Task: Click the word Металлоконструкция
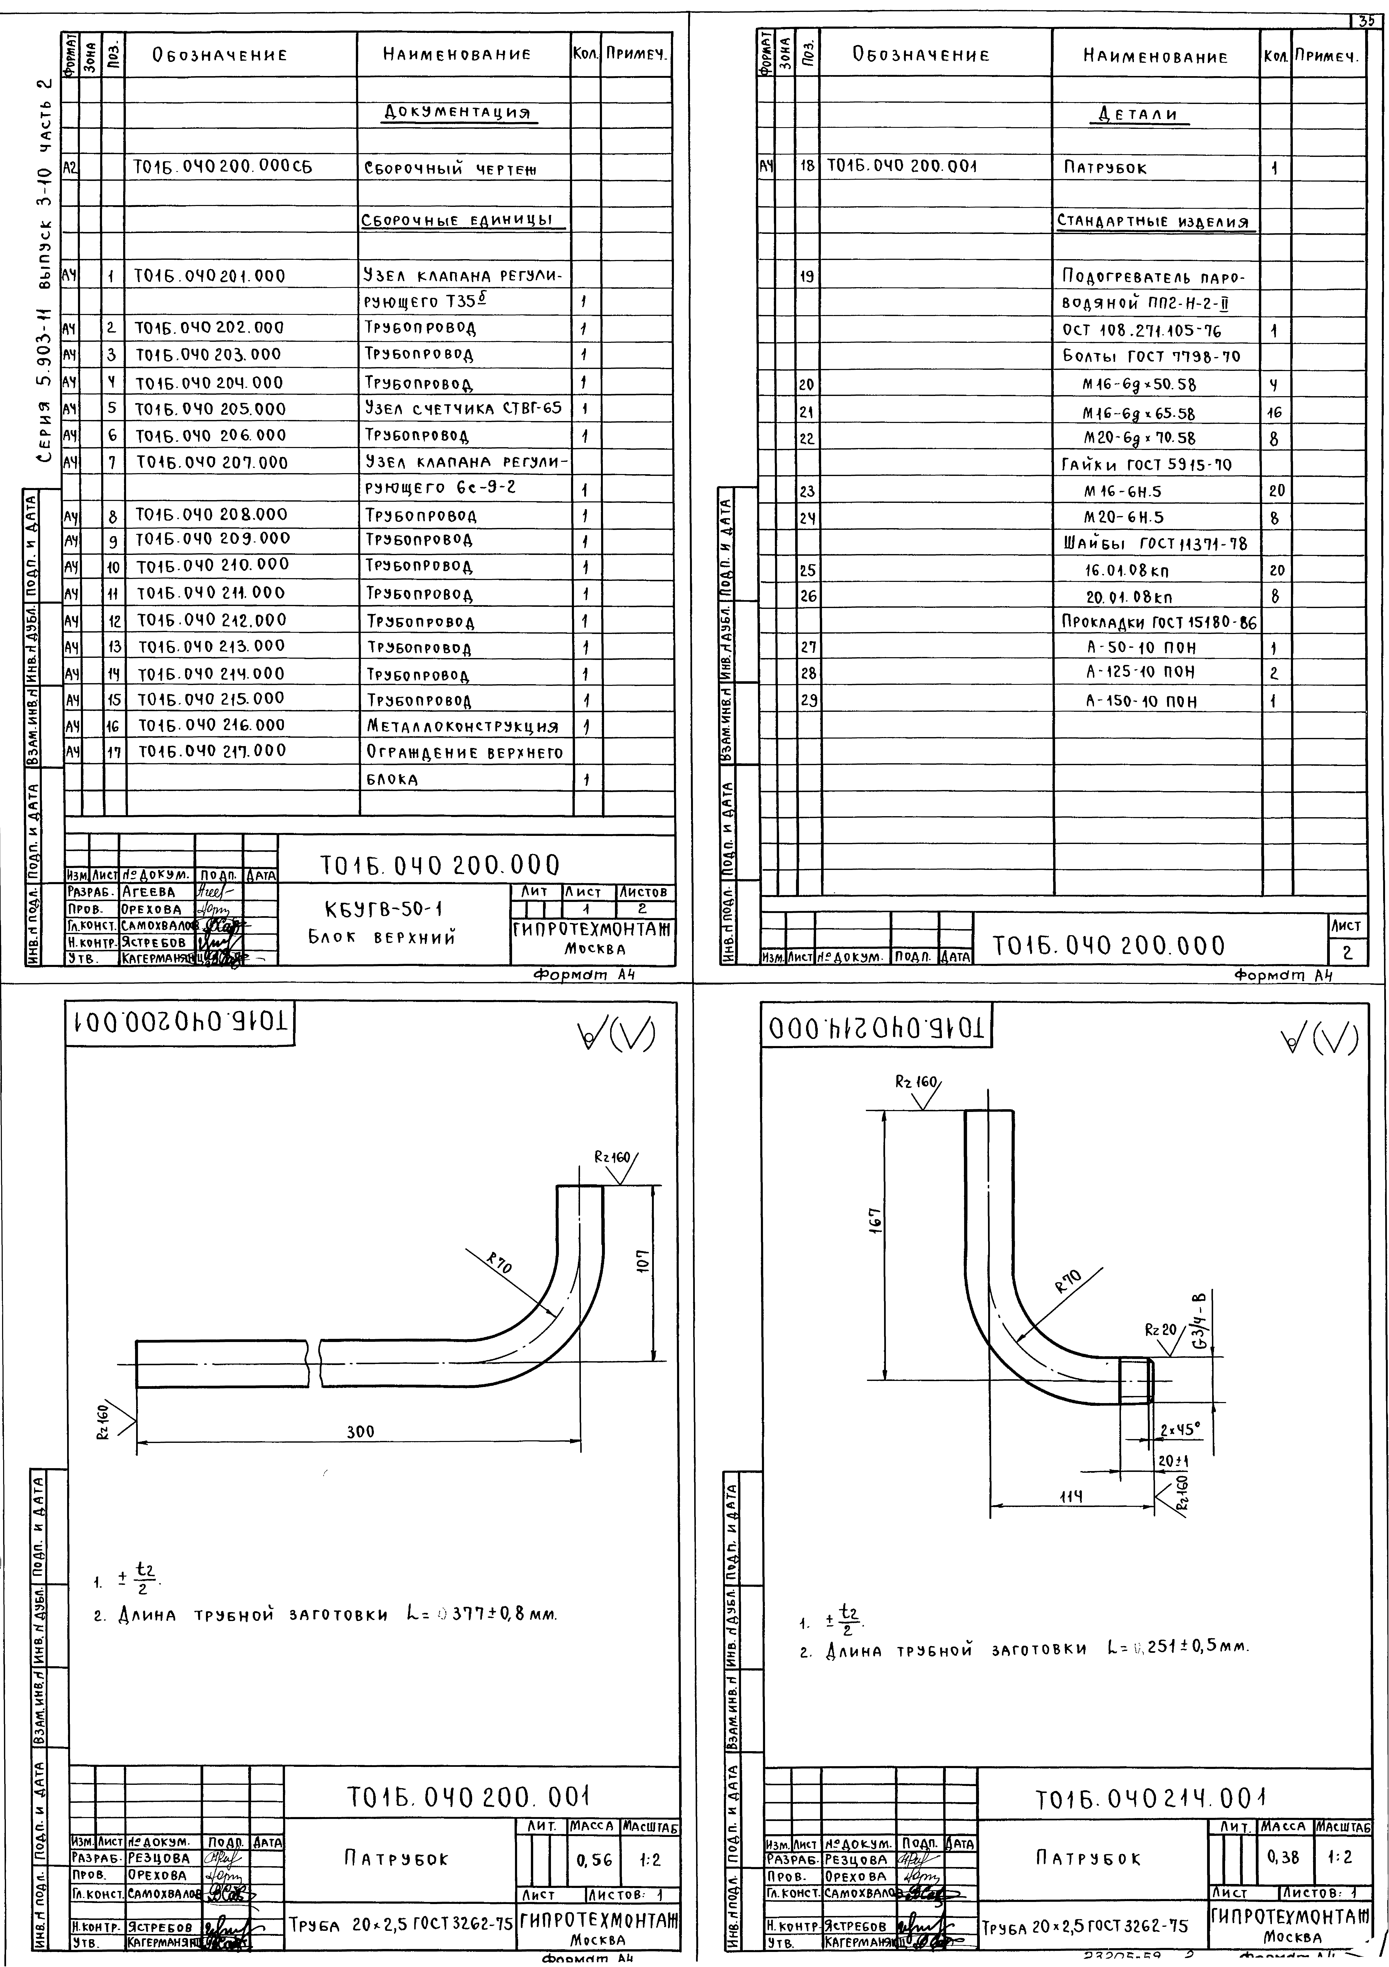click(x=463, y=727)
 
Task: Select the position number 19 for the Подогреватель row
click(x=807, y=277)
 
